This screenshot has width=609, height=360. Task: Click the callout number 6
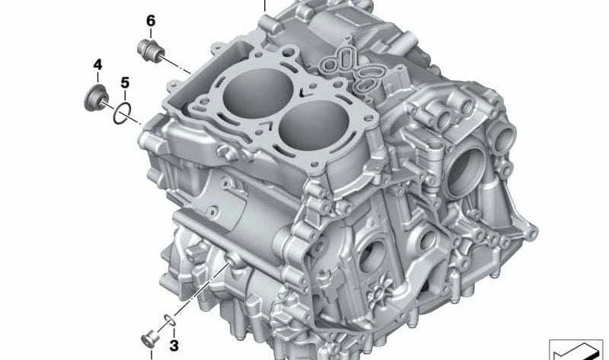[151, 21]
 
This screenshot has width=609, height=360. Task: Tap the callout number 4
[97, 65]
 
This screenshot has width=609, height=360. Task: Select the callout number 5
[125, 82]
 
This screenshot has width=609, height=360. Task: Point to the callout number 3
[174, 346]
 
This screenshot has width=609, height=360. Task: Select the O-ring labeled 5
[122, 115]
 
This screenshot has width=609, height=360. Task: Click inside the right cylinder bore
[311, 128]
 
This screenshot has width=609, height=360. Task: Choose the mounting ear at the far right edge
[527, 228]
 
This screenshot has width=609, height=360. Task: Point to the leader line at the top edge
[265, 6]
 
